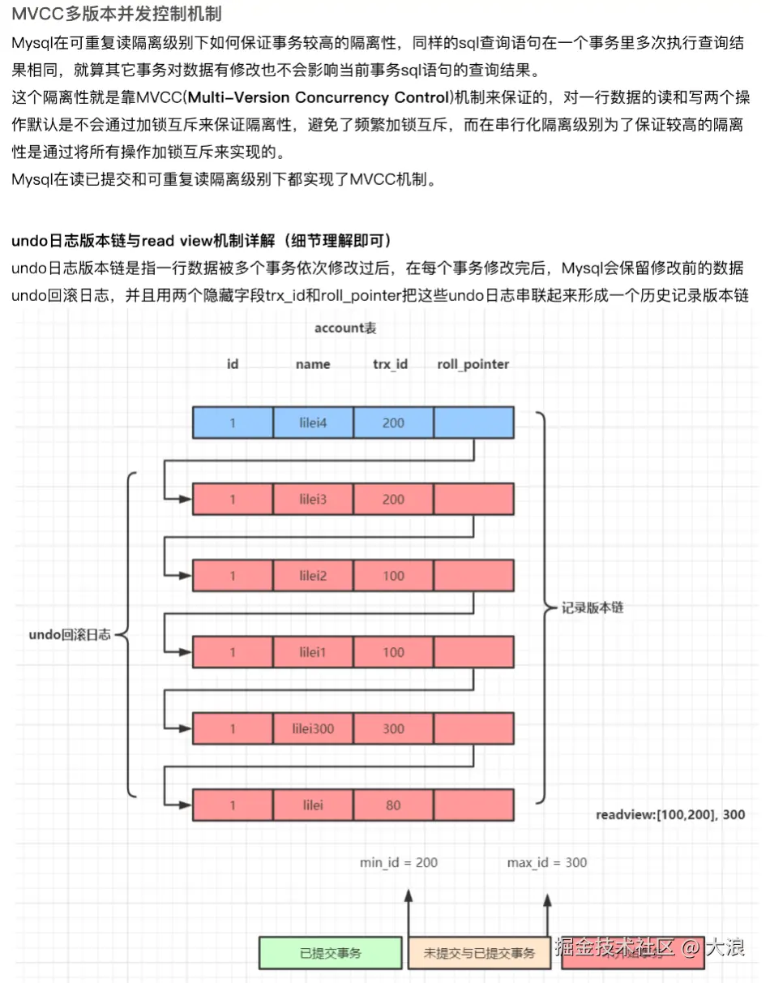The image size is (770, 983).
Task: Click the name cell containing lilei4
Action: tap(313, 423)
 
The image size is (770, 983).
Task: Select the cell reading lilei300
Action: tap(313, 729)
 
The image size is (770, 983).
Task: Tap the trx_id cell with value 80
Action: tap(393, 805)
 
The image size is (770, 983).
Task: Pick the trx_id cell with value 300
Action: tap(393, 729)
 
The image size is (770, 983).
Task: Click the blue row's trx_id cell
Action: tap(393, 423)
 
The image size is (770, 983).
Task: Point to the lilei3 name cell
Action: tap(313, 500)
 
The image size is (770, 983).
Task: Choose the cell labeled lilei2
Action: tap(313, 576)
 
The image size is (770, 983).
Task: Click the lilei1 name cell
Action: tap(313, 652)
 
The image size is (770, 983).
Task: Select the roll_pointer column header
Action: tap(473, 364)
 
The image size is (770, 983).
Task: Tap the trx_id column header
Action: tap(390, 364)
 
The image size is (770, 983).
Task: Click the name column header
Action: tap(313, 364)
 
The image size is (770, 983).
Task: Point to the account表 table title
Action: tap(345, 328)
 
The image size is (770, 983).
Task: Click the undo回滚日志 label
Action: tap(69, 635)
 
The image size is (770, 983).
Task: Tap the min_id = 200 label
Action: tap(399, 862)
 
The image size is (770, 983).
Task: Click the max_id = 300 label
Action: tap(547, 862)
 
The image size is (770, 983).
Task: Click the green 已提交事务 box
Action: tap(330, 953)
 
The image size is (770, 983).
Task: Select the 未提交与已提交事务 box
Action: tap(479, 953)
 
